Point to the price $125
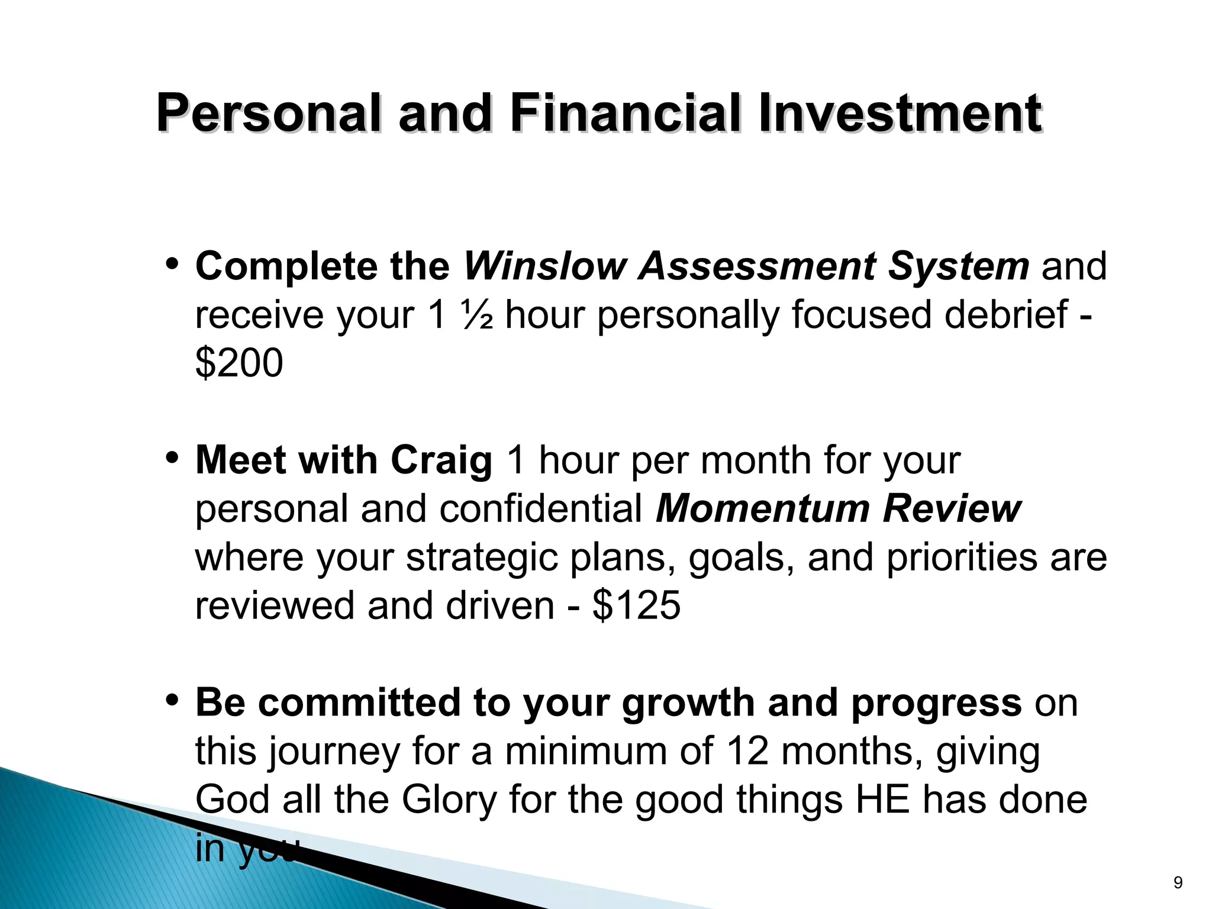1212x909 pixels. pyautogui.click(x=636, y=605)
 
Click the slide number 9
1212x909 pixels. pyautogui.click(x=1178, y=883)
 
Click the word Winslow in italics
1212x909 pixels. pyautogui.click(x=544, y=266)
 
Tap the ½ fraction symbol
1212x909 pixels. pyautogui.click(x=476, y=315)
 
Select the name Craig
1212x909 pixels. pyautogui.click(x=441, y=460)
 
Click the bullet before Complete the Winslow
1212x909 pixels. pyautogui.click(x=172, y=264)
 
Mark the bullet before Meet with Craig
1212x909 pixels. pyautogui.click(x=172, y=458)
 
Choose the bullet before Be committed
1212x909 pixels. pyautogui.click(x=172, y=701)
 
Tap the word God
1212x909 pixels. pyautogui.click(x=232, y=800)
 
